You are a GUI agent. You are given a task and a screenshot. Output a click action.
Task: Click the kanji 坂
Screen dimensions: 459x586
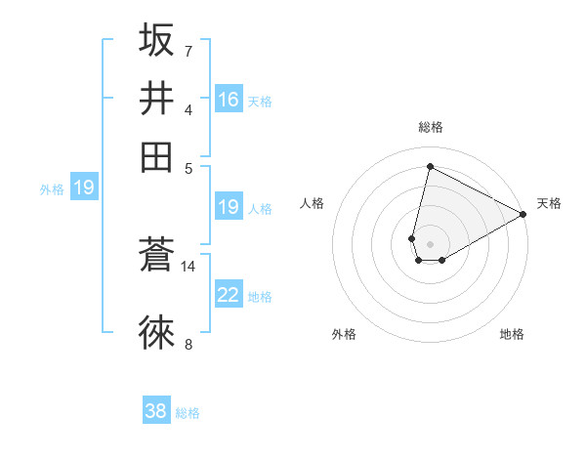tap(156, 41)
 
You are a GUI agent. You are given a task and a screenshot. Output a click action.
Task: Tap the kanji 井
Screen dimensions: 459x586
tap(156, 99)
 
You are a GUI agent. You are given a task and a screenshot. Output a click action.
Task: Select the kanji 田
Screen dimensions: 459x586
tap(156, 156)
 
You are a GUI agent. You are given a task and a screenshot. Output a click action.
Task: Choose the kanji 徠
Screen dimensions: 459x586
tap(156, 332)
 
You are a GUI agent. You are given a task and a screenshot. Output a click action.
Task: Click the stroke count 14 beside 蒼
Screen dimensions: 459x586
tap(188, 266)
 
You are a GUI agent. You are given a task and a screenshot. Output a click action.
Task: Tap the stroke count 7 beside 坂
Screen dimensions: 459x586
tap(188, 50)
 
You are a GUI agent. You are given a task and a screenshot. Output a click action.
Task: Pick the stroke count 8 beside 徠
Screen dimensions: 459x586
tap(188, 343)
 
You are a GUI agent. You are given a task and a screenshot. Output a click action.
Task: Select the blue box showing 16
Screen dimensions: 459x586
tap(229, 100)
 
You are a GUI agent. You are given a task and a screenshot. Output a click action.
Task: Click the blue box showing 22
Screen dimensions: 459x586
tap(229, 295)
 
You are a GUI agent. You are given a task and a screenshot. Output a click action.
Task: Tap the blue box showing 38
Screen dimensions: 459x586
tap(156, 411)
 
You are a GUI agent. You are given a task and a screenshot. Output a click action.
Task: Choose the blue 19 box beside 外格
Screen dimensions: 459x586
tap(84, 188)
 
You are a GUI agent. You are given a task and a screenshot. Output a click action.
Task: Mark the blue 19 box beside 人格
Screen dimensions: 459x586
tap(229, 207)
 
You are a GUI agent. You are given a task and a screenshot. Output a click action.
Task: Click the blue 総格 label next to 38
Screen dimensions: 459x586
tap(188, 413)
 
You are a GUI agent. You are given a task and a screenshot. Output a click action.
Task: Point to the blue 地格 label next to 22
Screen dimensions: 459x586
tap(260, 296)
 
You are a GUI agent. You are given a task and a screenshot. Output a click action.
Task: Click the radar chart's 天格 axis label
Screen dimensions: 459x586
tap(549, 203)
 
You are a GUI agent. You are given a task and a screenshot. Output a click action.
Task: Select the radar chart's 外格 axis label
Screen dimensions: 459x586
tap(344, 334)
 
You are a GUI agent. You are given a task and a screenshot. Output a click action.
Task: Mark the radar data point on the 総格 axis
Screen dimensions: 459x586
tap(430, 166)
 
